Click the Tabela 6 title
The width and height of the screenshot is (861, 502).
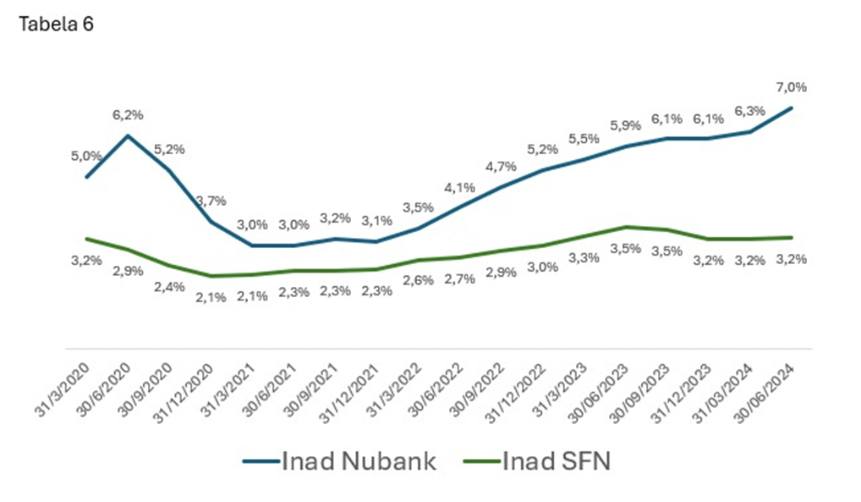(x=56, y=25)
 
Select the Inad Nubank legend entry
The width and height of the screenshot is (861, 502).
(x=340, y=461)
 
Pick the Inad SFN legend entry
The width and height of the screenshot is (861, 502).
(x=540, y=461)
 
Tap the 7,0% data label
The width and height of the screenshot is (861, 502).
(x=791, y=87)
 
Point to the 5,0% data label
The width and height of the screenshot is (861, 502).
(x=87, y=156)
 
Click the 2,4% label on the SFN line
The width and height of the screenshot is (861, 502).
(x=167, y=286)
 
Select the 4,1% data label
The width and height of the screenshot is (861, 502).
(x=458, y=187)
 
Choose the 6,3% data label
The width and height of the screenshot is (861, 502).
(x=749, y=111)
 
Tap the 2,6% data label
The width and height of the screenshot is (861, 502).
(x=418, y=281)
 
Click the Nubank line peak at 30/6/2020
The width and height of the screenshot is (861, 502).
(x=127, y=135)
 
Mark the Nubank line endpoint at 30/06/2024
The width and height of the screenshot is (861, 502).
(x=791, y=108)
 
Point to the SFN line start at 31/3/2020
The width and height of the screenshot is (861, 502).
(x=86, y=239)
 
